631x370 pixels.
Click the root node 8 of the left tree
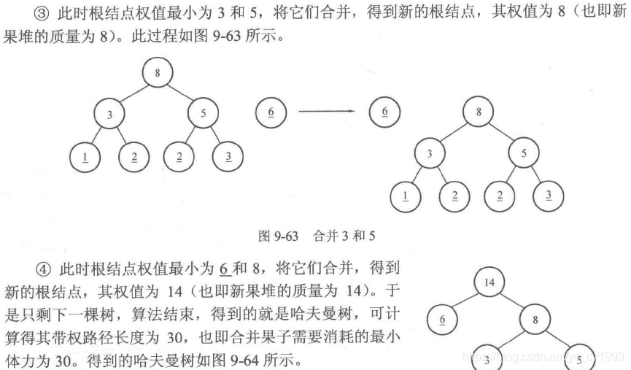[158, 72]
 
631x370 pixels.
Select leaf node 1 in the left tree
[85, 157]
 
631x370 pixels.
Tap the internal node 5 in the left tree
[204, 114]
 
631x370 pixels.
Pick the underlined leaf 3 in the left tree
[228, 157]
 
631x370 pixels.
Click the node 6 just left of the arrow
[271, 112]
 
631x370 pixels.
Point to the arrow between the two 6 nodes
[327, 112]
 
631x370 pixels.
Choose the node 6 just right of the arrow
[384, 112]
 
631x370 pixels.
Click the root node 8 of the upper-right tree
[479, 112]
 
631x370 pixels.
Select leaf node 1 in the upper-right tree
[406, 195]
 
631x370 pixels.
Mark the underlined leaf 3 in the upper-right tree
[549, 195]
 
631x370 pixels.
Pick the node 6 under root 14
[442, 320]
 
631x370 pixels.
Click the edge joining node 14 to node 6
[465, 300]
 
